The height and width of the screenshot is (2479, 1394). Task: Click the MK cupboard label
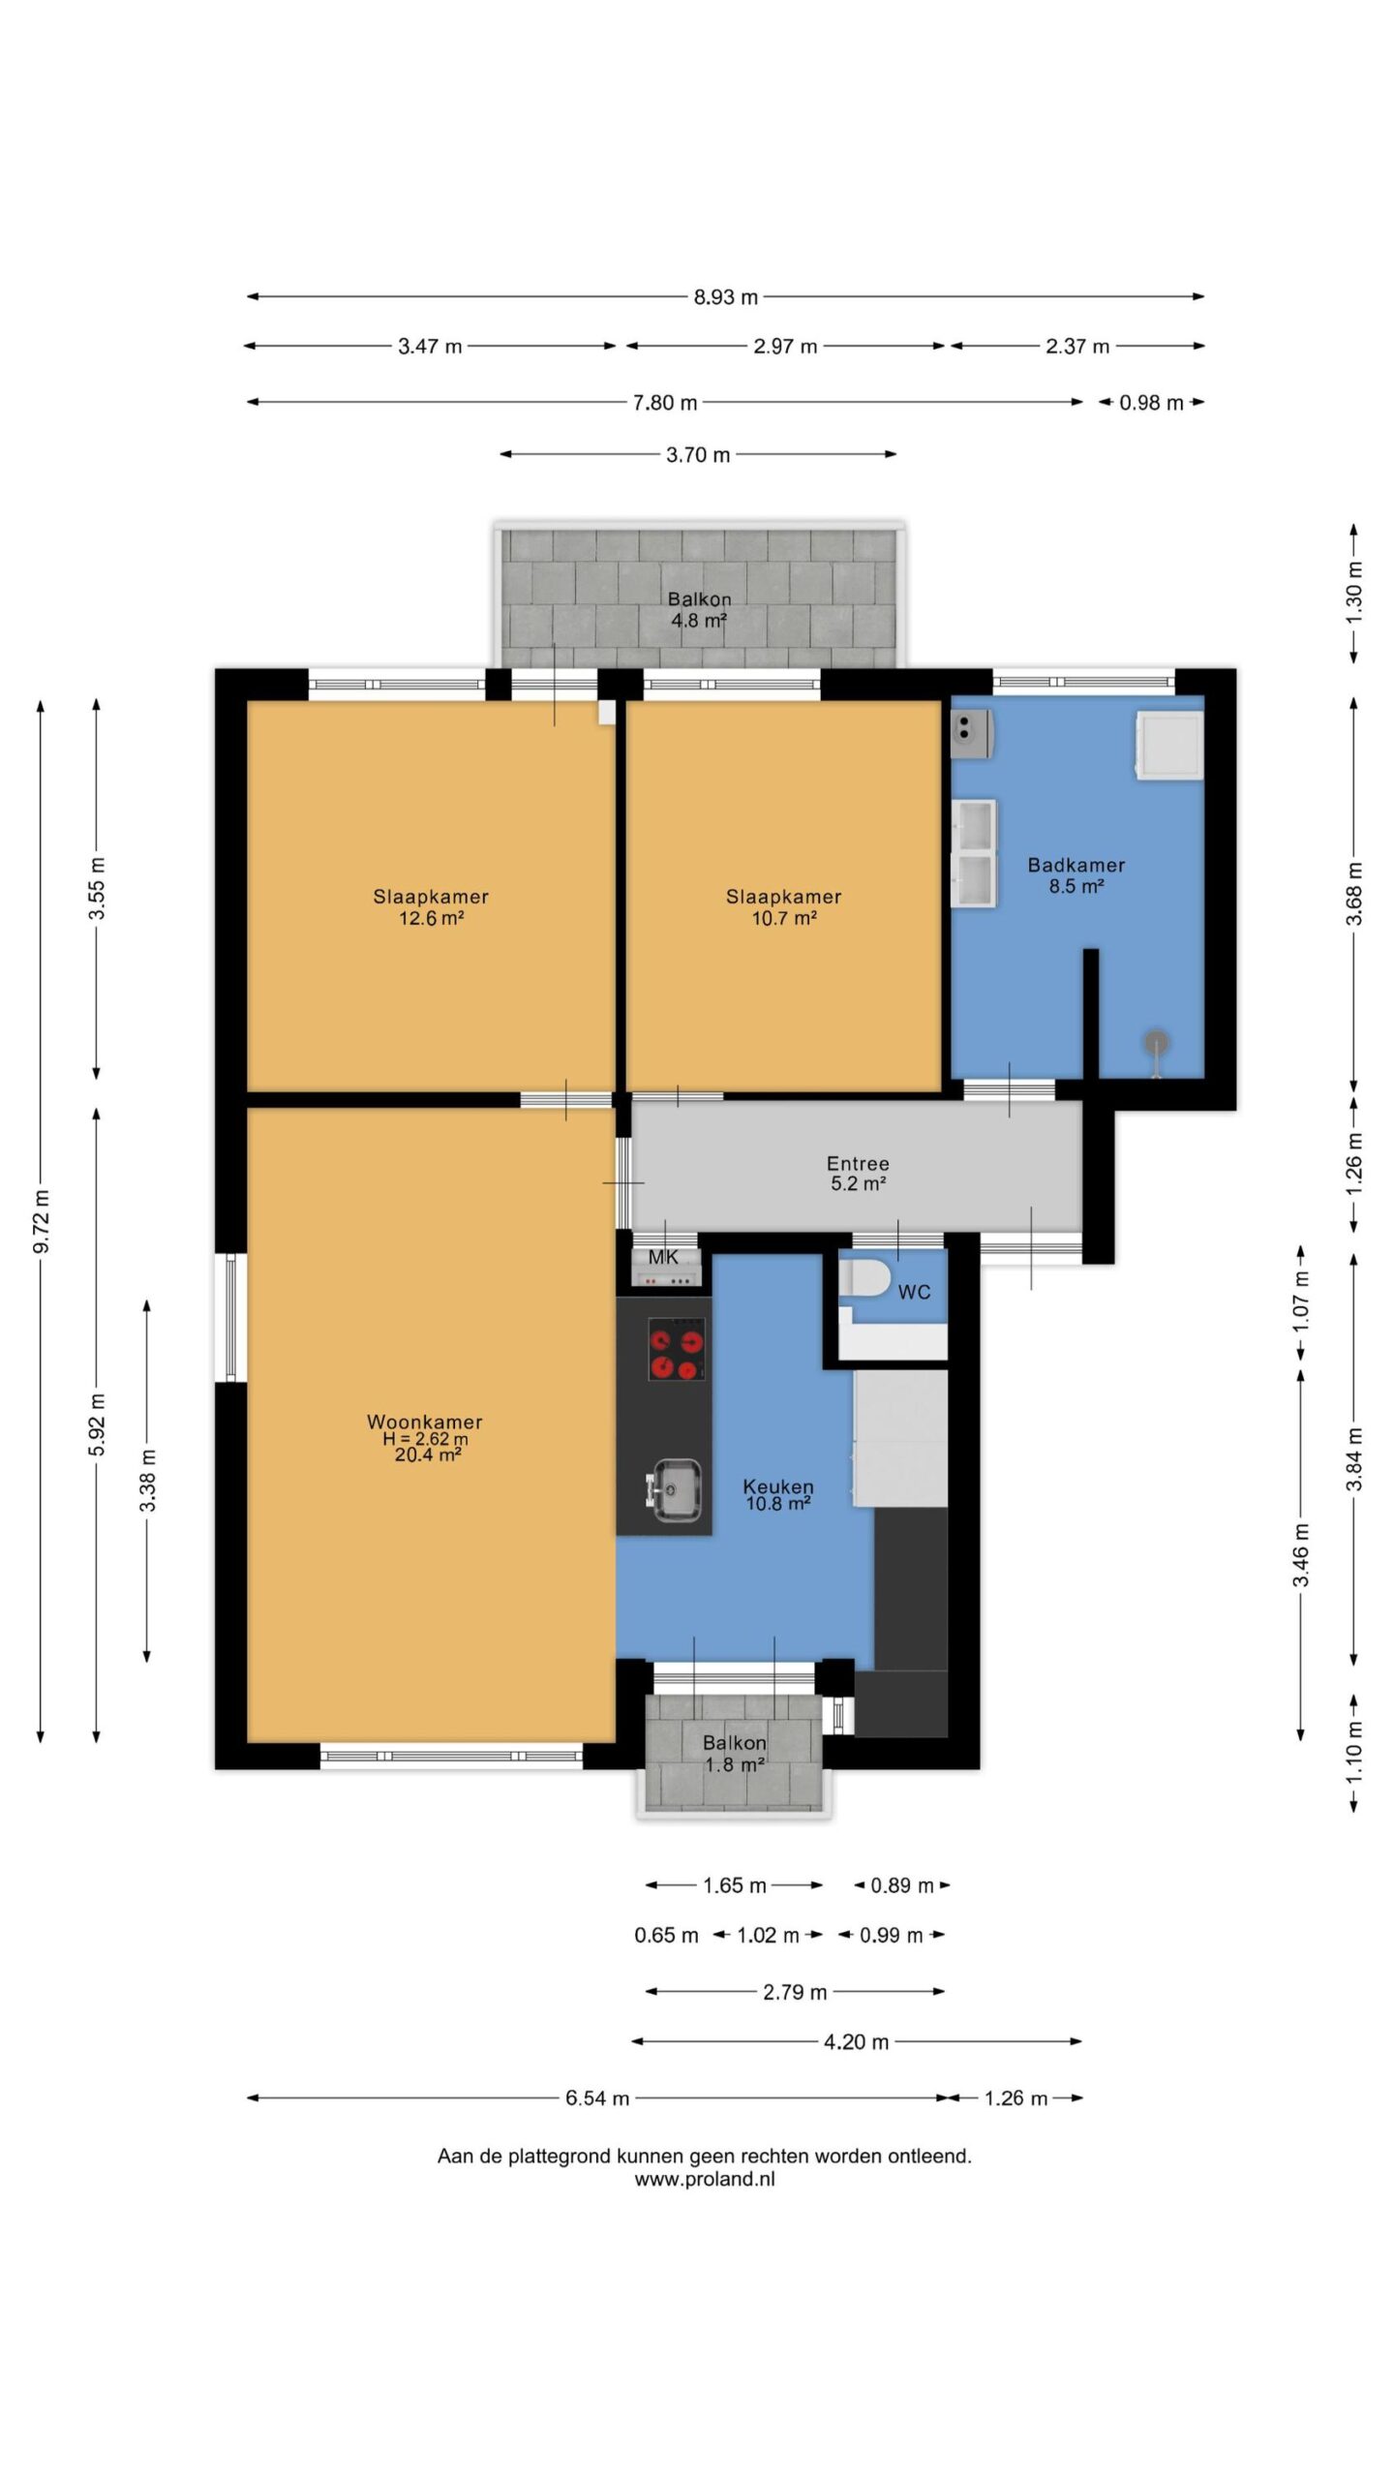(x=663, y=1258)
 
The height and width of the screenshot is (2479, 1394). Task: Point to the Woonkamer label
(x=424, y=1422)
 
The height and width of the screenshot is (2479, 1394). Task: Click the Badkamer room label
(x=1076, y=865)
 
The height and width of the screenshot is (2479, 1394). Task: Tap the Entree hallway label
(x=858, y=1163)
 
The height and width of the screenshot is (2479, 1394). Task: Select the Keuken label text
(x=777, y=1485)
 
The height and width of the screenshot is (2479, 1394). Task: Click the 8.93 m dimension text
(x=725, y=297)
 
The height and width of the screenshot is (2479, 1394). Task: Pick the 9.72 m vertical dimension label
(x=42, y=1221)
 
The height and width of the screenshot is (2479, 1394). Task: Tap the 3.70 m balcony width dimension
(x=698, y=455)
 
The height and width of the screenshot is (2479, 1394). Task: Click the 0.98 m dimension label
(x=1151, y=403)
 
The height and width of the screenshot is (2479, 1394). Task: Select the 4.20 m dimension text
(x=856, y=2042)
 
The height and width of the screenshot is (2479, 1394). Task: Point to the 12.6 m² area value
(x=432, y=918)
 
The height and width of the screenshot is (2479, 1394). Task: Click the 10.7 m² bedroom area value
(x=784, y=918)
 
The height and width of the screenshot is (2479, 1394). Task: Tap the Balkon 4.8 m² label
(x=699, y=610)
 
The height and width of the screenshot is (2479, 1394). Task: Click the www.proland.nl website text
(x=705, y=2180)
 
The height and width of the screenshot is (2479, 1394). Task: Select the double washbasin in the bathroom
(x=974, y=853)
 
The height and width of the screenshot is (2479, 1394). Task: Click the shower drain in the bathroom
(x=1156, y=1043)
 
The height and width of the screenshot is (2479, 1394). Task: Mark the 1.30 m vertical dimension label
(x=1354, y=593)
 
